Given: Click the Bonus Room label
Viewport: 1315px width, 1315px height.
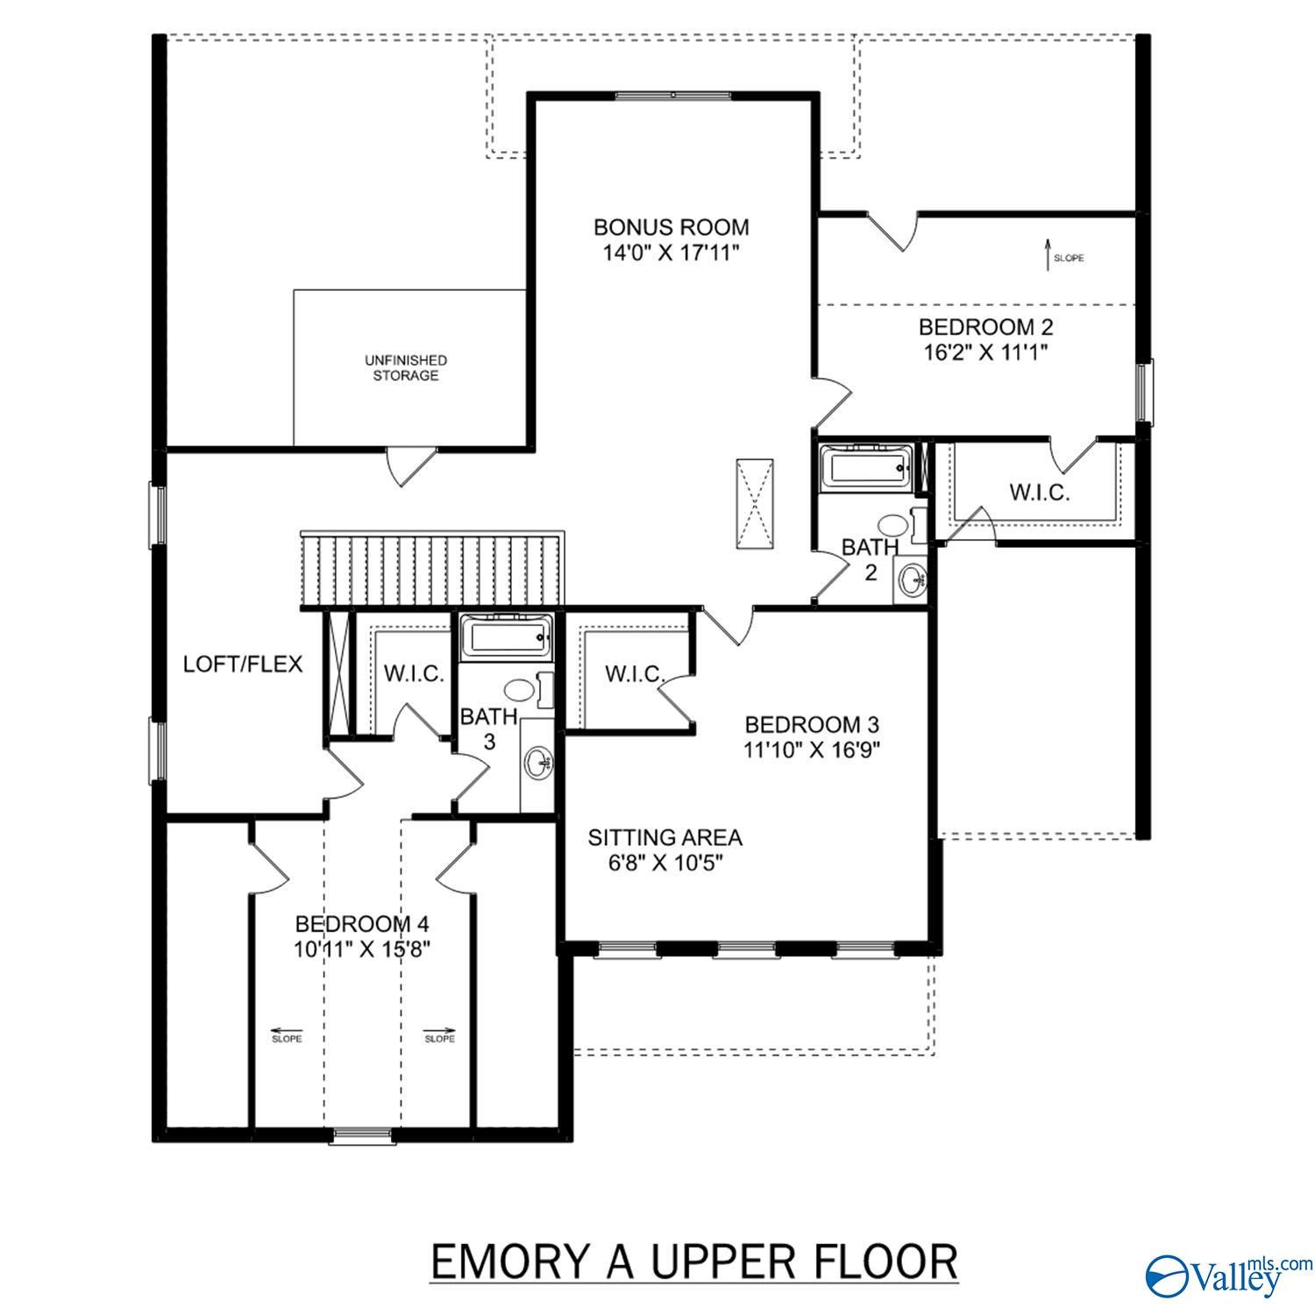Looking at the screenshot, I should click(x=672, y=227).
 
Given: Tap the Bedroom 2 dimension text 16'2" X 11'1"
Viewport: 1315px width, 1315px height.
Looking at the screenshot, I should click(x=985, y=352).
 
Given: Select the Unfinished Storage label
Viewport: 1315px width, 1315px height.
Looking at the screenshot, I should click(x=406, y=367).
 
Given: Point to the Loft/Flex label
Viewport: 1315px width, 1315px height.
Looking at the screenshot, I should click(x=242, y=665).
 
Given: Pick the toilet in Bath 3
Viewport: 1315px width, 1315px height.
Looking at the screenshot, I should click(x=521, y=690).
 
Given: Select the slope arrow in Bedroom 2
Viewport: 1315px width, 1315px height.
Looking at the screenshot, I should click(x=1047, y=255).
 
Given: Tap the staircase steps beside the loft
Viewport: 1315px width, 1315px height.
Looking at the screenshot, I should click(x=431, y=571).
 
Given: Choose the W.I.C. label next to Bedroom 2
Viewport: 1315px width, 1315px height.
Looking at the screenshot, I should click(x=1039, y=493).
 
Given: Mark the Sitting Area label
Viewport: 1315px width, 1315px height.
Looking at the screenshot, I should click(x=665, y=838).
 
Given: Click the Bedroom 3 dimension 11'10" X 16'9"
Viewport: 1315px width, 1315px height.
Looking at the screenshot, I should click(x=812, y=750).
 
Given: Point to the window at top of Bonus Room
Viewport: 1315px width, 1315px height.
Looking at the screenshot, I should click(x=672, y=96).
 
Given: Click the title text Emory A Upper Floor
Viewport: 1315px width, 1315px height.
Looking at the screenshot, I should click(x=693, y=1238).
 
